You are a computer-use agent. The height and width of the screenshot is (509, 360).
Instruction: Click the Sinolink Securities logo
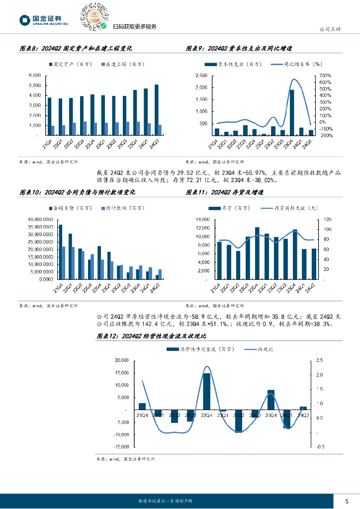pyautogui.click(x=43, y=20)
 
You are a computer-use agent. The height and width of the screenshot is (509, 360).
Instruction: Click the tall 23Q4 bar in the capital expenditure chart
pyautogui.click(x=291, y=112)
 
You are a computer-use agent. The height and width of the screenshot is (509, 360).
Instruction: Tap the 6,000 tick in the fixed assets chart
pyautogui.click(x=34, y=76)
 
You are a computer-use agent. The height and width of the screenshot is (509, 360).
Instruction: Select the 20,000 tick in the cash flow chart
pyautogui.click(x=122, y=360)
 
